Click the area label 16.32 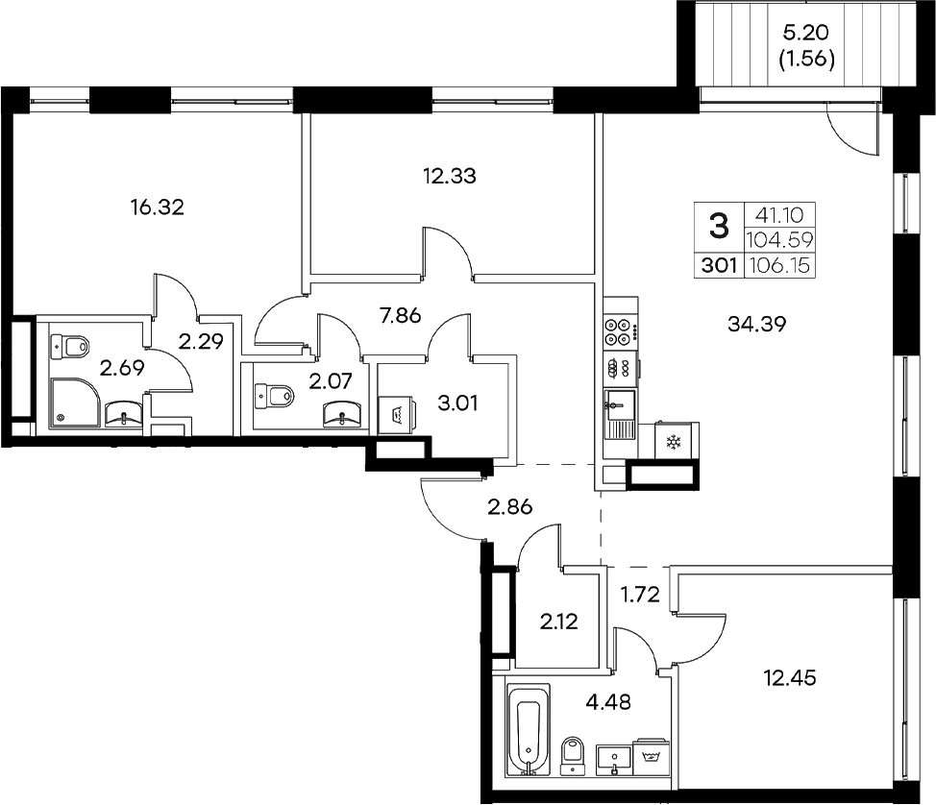(157, 206)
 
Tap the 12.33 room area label (450, 176)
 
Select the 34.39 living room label (757, 325)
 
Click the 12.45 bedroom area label (789, 679)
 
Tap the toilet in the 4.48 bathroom (573, 754)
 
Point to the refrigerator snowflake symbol (672, 443)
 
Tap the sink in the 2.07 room (342, 413)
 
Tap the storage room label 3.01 (457, 401)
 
